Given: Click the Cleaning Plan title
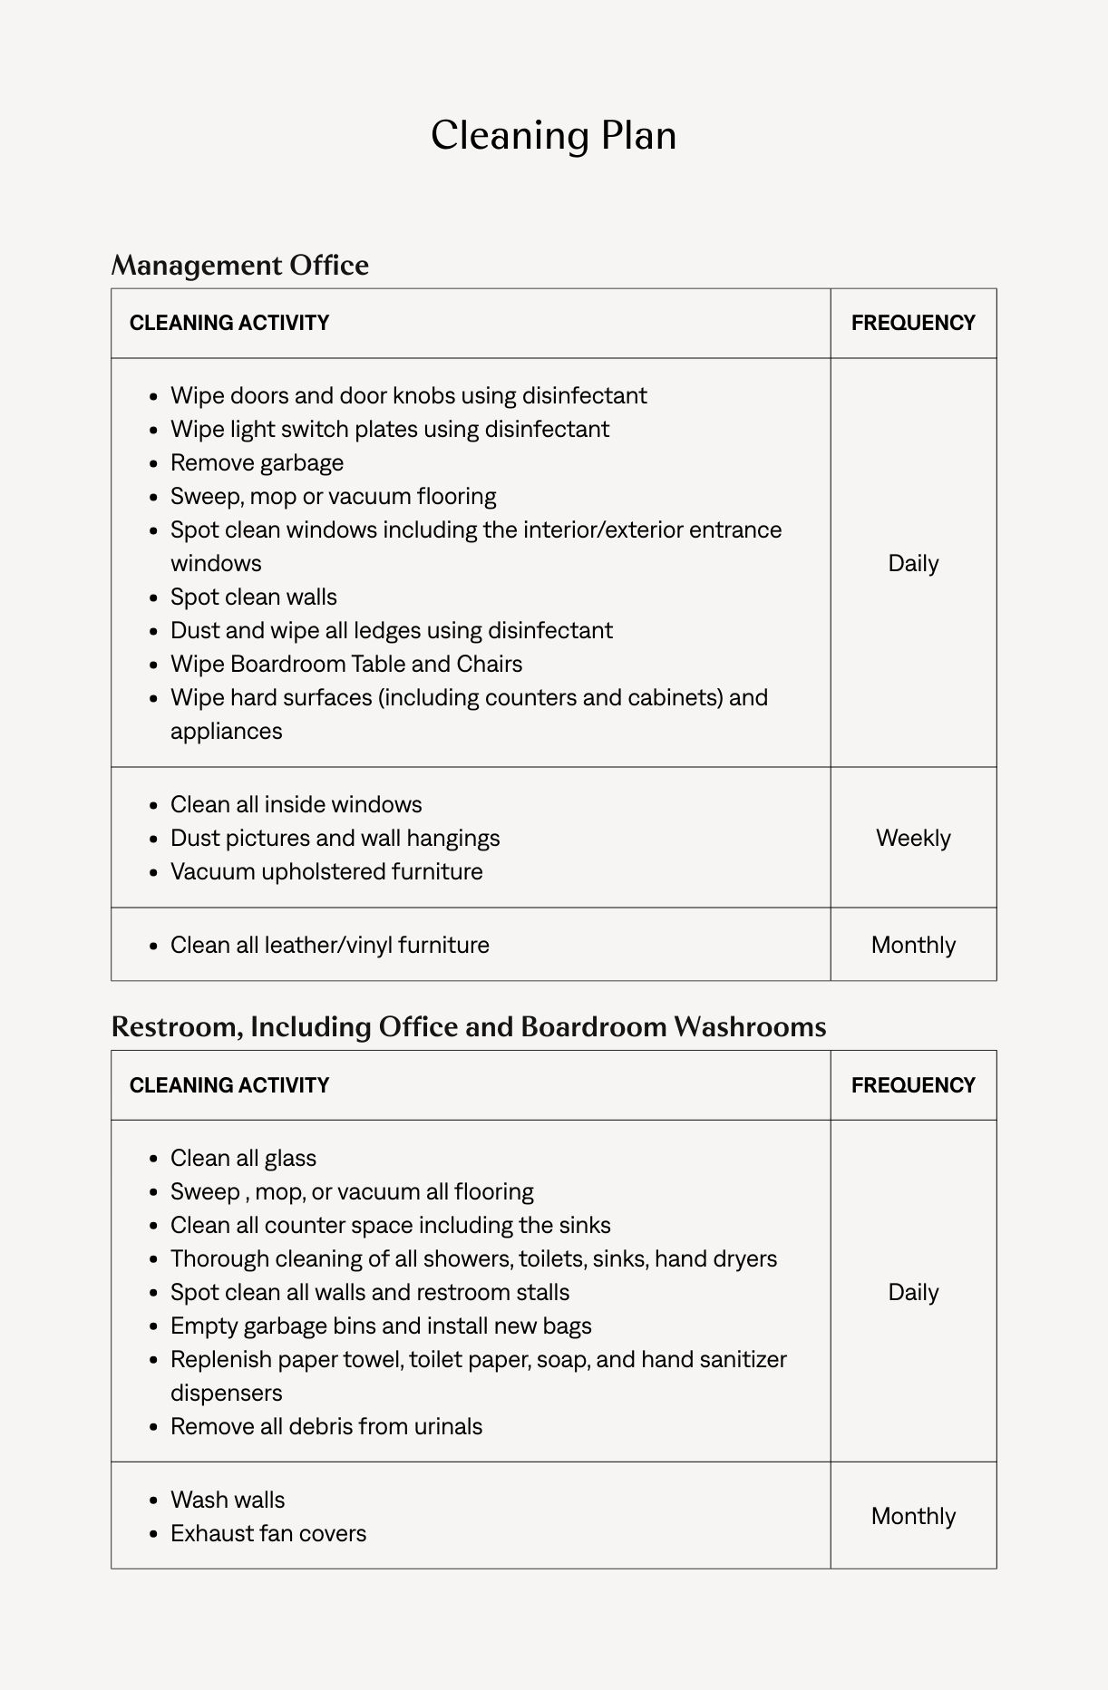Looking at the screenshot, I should point(553,136).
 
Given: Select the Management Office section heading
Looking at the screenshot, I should point(239,265).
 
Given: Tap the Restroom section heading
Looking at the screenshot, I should point(468,1026).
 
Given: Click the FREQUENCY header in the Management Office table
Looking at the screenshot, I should point(912,323).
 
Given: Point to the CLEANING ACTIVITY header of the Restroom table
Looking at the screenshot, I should point(228,1085).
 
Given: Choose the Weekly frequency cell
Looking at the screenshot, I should point(913,838).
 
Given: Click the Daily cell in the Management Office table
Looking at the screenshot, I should point(913,563).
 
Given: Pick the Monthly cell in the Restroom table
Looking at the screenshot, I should point(913,1516).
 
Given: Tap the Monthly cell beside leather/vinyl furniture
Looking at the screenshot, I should point(913,945).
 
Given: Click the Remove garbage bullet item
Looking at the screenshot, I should point(257,462).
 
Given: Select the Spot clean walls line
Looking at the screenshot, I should point(253,597).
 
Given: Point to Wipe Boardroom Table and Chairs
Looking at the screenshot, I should point(345,664).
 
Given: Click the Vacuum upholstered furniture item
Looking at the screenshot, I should point(326,871).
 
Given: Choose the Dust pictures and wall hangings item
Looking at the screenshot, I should point(335,838).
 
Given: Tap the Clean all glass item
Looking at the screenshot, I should point(243,1158).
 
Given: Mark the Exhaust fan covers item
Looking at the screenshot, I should point(268,1533).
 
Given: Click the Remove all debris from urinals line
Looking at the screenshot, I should point(326,1426).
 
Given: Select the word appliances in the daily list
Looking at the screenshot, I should point(226,731).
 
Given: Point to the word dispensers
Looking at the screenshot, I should point(226,1393).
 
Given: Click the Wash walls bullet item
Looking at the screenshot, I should point(227,1500).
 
